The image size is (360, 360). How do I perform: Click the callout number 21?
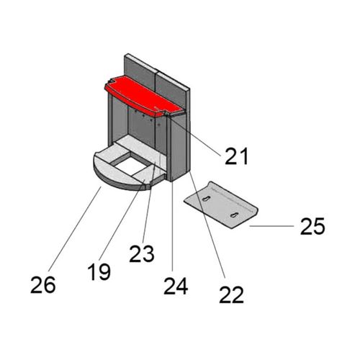(236, 156)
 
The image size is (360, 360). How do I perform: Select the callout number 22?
(231, 294)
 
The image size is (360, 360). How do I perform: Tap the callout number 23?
(142, 253)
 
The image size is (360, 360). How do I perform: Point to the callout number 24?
(176, 286)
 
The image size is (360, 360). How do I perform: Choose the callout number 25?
(312, 226)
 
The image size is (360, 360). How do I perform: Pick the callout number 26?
(43, 284)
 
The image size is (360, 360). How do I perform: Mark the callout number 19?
(99, 271)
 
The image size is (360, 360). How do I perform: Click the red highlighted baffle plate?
(144, 98)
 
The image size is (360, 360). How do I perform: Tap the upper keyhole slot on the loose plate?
(206, 199)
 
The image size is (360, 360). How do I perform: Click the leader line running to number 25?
(271, 226)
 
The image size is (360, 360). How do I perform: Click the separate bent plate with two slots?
(221, 205)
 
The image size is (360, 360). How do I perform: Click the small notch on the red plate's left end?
(109, 81)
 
